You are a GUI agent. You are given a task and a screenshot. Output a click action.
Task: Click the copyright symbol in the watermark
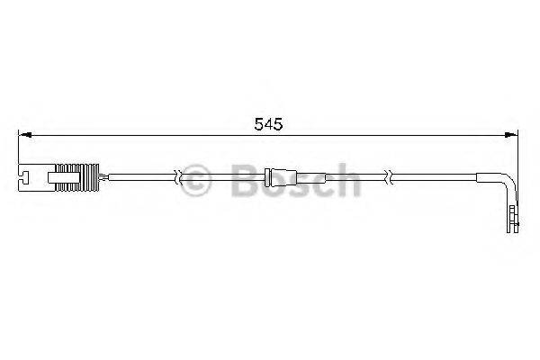click(197, 179)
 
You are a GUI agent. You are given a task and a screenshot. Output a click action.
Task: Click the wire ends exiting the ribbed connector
click(105, 175)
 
